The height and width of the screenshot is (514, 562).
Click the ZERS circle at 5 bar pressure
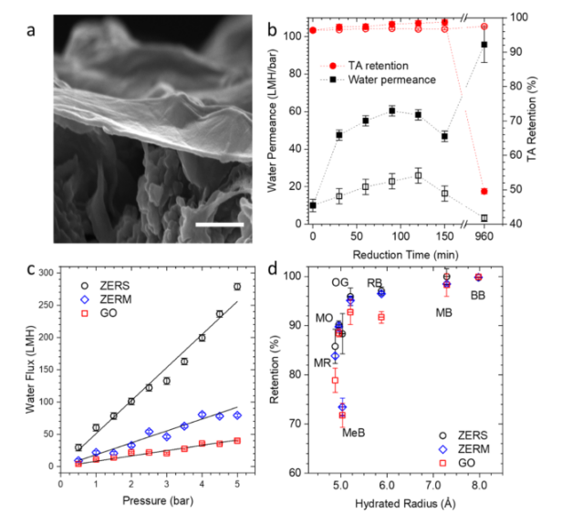(237, 287)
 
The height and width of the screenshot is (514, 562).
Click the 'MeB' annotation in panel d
(354, 432)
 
